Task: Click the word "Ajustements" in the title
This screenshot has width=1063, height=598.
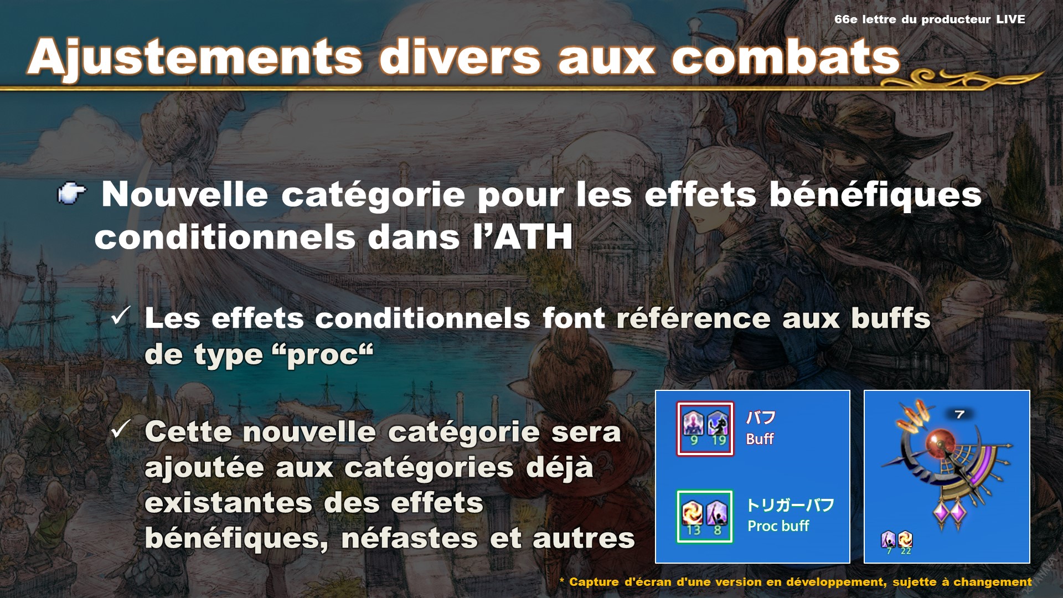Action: click(195, 58)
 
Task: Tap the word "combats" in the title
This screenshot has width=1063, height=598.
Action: click(786, 56)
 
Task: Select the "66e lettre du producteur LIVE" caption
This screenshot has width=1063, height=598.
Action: click(930, 19)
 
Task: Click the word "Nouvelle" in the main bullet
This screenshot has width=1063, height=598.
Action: click(185, 194)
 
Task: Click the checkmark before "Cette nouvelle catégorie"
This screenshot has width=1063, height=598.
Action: click(121, 429)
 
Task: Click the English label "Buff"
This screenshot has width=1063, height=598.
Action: click(760, 439)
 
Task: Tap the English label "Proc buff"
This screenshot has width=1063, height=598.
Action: click(778, 526)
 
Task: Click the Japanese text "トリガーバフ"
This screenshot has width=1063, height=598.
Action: click(790, 505)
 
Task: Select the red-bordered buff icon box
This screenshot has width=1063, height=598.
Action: click(705, 429)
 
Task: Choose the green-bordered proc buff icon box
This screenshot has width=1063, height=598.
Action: click(705, 516)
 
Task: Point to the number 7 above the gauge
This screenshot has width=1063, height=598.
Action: click(959, 414)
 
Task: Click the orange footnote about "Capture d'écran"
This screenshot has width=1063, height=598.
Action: click(796, 582)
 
